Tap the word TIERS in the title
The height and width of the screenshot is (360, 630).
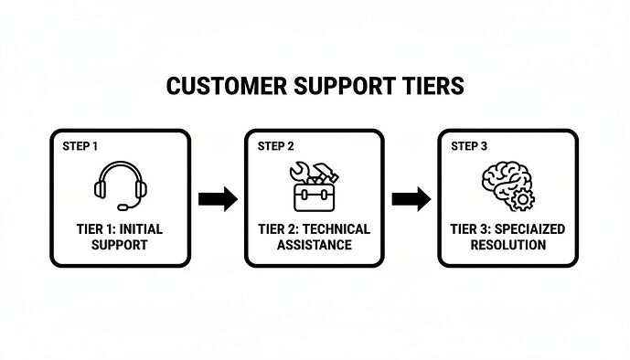[x=432, y=86]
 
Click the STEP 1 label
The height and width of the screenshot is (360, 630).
[x=80, y=146]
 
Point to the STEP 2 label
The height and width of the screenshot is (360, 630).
[x=276, y=146]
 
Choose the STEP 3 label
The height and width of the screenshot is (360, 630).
[x=470, y=146]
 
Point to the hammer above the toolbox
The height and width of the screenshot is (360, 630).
[x=326, y=171]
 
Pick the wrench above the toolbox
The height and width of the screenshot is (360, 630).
[x=300, y=172]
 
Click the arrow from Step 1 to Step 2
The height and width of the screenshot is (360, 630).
[x=218, y=198]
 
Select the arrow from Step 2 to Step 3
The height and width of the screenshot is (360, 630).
[x=411, y=198]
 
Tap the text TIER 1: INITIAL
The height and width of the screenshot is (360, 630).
[x=121, y=228]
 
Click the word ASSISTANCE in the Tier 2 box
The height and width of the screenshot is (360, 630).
[x=315, y=245]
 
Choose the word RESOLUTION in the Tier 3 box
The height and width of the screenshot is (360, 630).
[x=508, y=245]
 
